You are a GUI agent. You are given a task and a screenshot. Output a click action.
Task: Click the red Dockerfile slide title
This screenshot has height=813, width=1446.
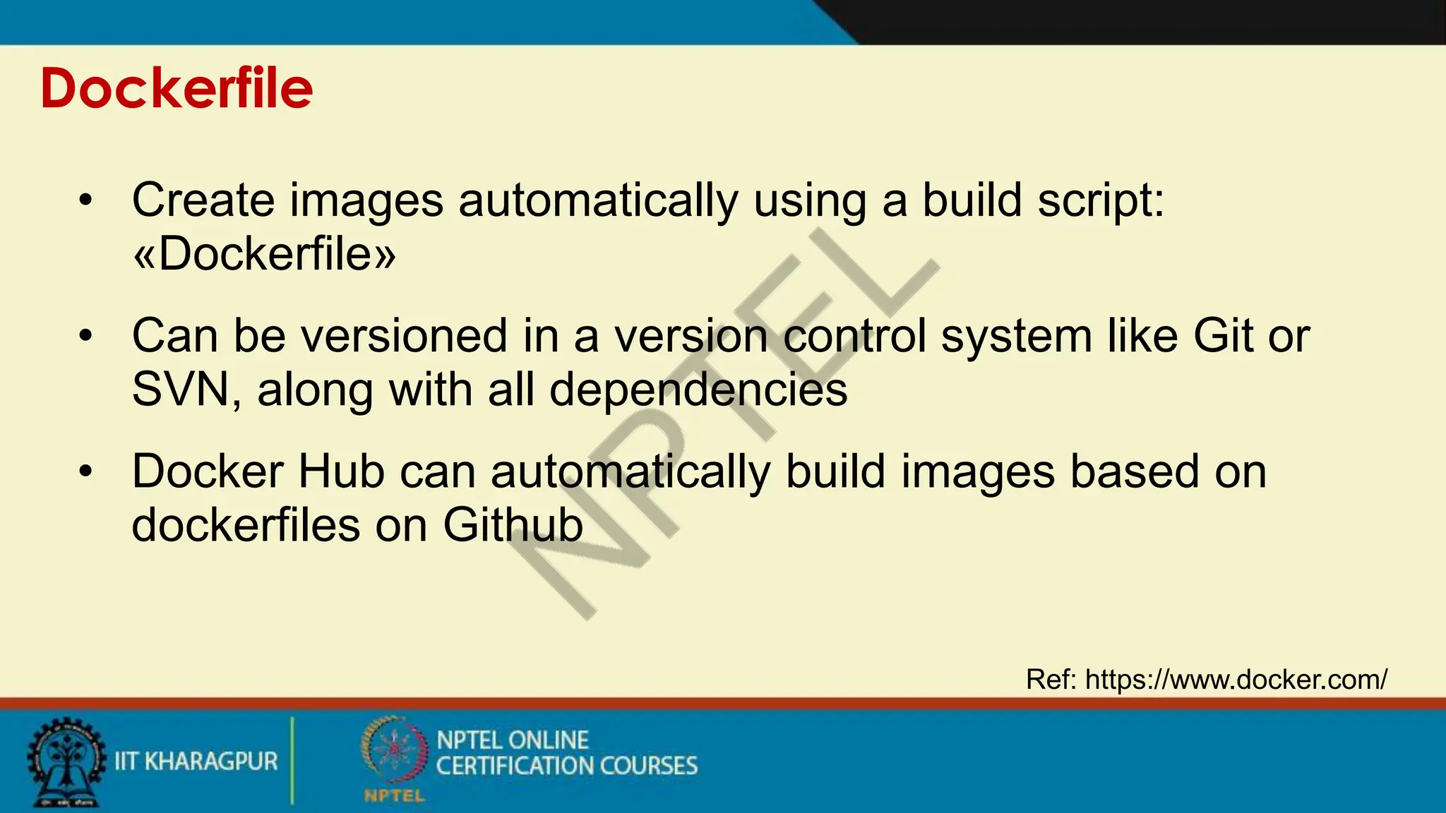coord(177,89)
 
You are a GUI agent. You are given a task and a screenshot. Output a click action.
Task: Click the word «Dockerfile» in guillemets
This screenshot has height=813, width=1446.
coord(264,254)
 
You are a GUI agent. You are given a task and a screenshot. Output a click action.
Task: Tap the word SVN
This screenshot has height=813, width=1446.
coord(181,390)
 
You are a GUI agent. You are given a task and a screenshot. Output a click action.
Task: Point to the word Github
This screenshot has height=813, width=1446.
coord(513,526)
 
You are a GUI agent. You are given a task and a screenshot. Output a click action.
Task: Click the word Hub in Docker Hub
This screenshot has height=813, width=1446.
coord(341,471)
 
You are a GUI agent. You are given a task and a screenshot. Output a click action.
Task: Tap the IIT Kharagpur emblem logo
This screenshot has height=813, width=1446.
coord(66,763)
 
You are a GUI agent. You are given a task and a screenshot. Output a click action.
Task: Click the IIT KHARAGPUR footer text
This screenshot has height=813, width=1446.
coord(196,762)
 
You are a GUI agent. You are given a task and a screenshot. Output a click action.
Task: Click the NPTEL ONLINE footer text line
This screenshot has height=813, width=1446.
coord(513,740)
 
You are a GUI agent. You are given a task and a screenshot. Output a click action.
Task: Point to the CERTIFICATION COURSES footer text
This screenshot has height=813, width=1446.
coord(566,766)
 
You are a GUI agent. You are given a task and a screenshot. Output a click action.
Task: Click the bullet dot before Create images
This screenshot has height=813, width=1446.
coord(86,200)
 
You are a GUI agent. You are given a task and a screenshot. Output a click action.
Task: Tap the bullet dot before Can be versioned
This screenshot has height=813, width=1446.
coord(86,336)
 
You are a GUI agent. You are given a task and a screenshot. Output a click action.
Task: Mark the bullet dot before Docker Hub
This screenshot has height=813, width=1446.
coord(86,471)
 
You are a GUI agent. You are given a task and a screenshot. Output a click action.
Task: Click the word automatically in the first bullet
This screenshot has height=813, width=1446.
coord(598,201)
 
